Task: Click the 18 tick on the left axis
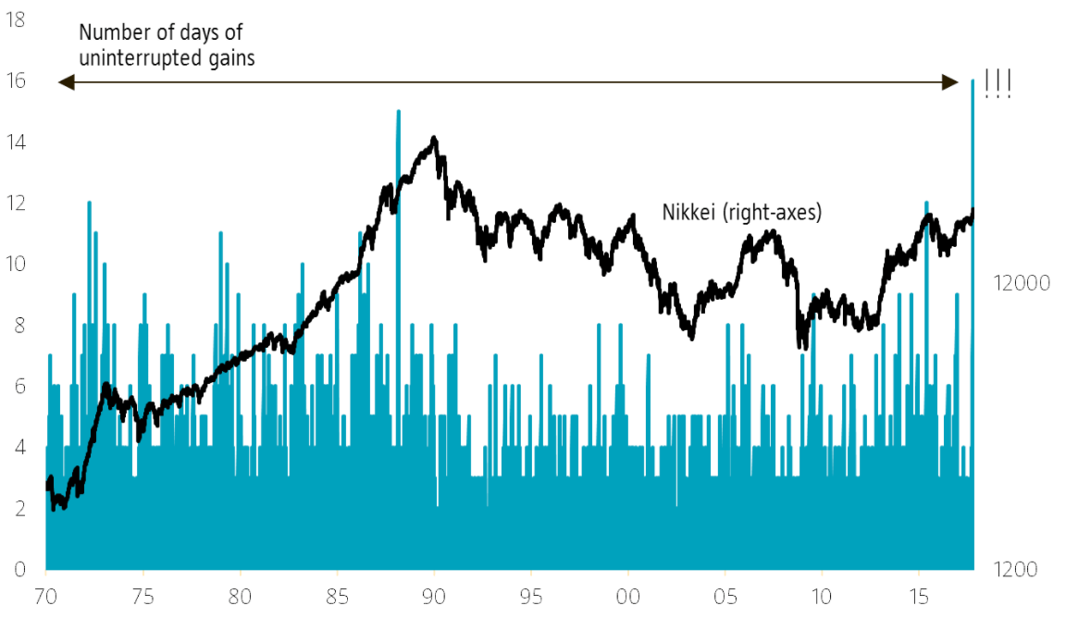click(16, 19)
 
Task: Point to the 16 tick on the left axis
click(16, 81)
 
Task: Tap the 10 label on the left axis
click(16, 264)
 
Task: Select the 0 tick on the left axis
click(19, 569)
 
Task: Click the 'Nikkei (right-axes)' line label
click(742, 212)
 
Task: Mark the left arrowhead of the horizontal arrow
click(65, 82)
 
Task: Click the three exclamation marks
click(998, 84)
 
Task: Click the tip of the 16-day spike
click(973, 81)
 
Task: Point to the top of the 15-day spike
click(398, 112)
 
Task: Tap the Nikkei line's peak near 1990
click(434, 139)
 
